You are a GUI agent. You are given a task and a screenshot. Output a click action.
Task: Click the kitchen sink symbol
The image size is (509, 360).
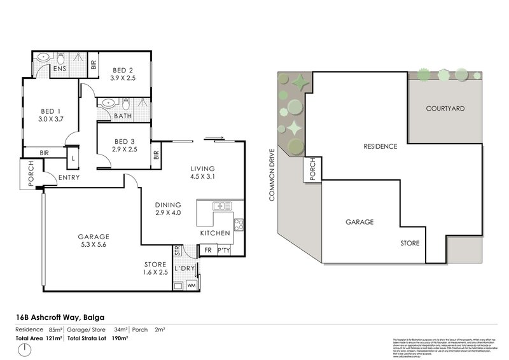point(220,207)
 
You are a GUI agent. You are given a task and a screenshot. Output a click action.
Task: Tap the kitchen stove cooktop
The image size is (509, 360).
point(239,224)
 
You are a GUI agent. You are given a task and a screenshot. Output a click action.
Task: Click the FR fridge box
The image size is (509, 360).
point(207,251)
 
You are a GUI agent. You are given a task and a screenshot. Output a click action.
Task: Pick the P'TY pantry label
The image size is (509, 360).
point(223,251)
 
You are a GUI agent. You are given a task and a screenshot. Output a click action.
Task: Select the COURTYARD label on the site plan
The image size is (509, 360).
point(445,109)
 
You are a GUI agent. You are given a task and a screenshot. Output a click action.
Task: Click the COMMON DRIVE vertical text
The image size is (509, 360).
point(272,176)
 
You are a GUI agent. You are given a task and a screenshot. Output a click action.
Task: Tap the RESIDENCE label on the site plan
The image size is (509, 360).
point(380,146)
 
